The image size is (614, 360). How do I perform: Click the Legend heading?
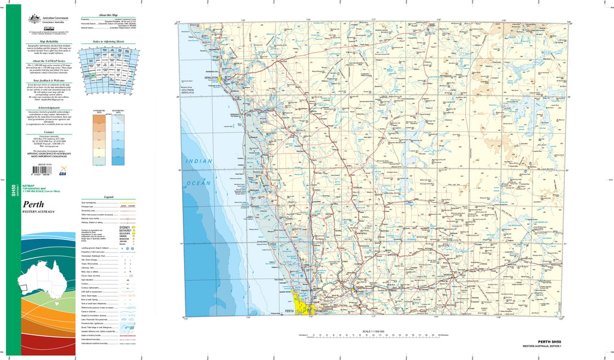[109, 197]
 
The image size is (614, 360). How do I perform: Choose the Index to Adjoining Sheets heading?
[109, 41]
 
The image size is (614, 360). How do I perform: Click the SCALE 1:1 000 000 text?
[373, 331]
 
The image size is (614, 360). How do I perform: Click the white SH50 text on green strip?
[13, 191]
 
